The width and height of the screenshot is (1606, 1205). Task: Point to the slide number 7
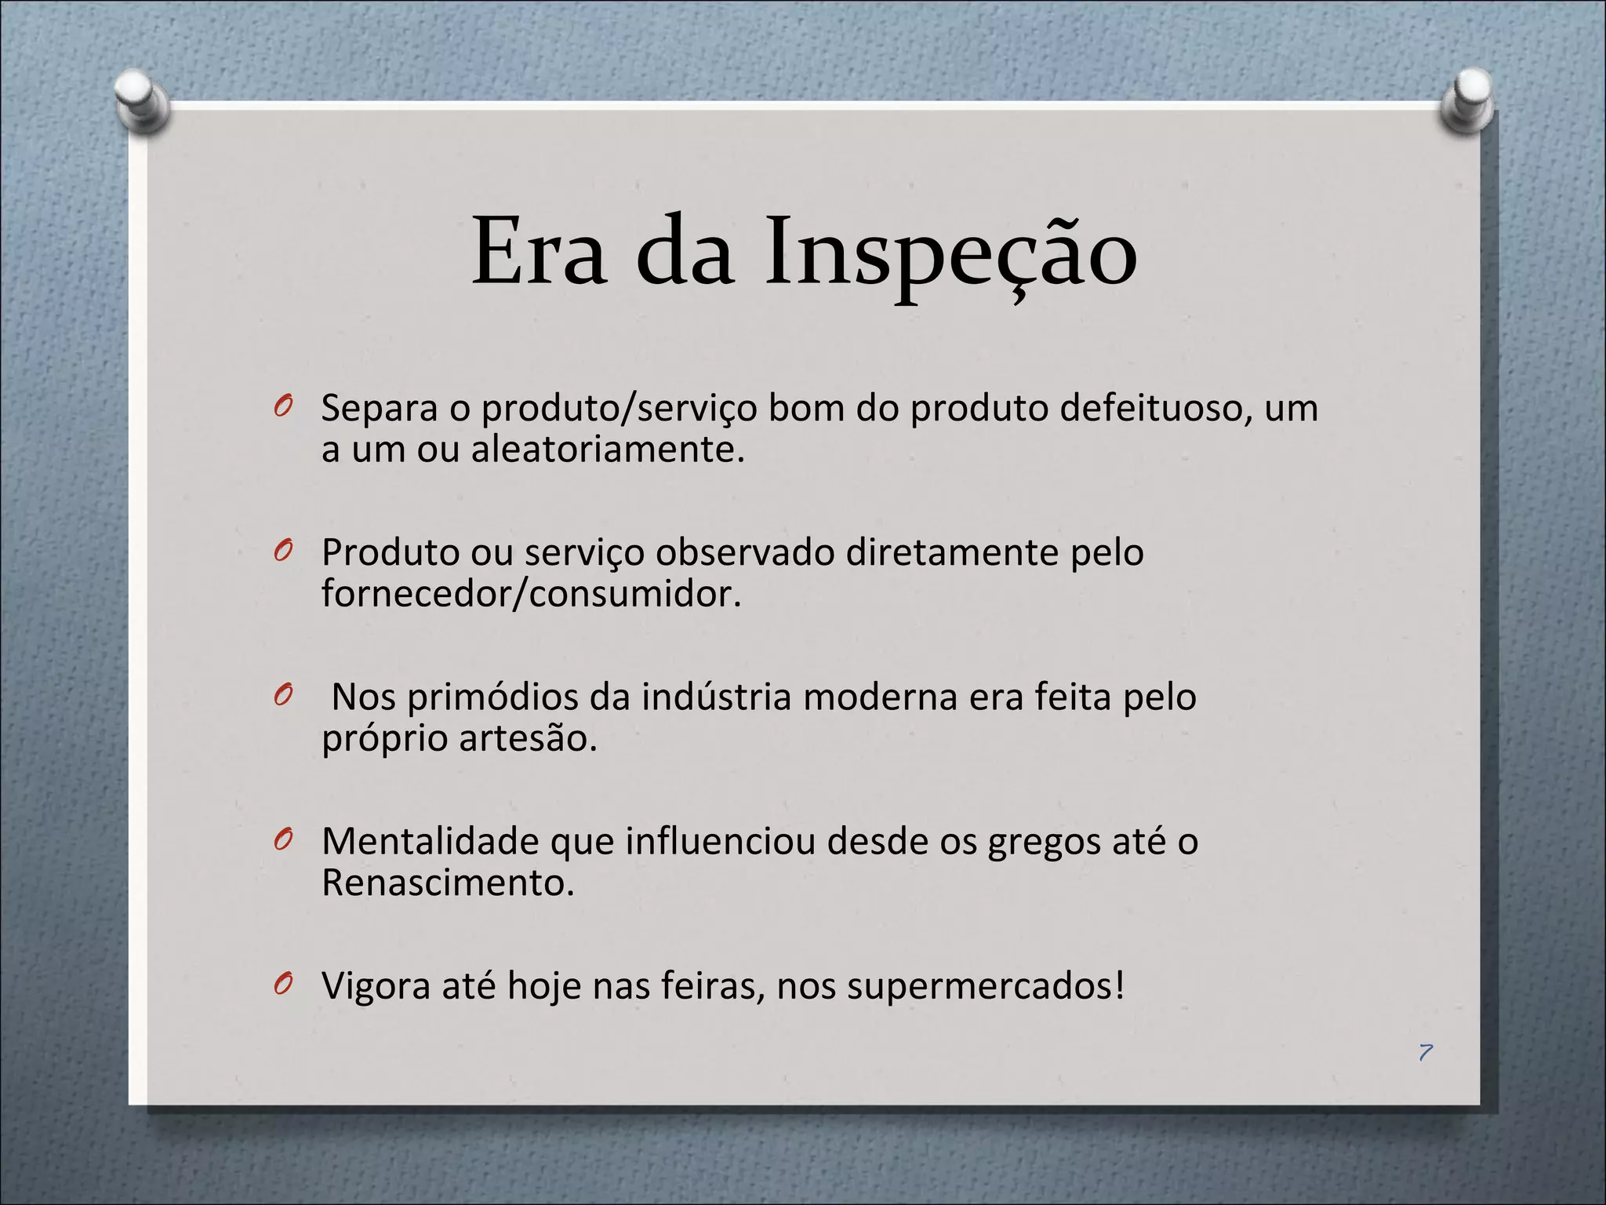tap(1426, 1052)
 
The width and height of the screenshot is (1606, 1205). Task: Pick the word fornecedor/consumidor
tap(531, 594)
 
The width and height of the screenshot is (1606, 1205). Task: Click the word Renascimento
tap(447, 883)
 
